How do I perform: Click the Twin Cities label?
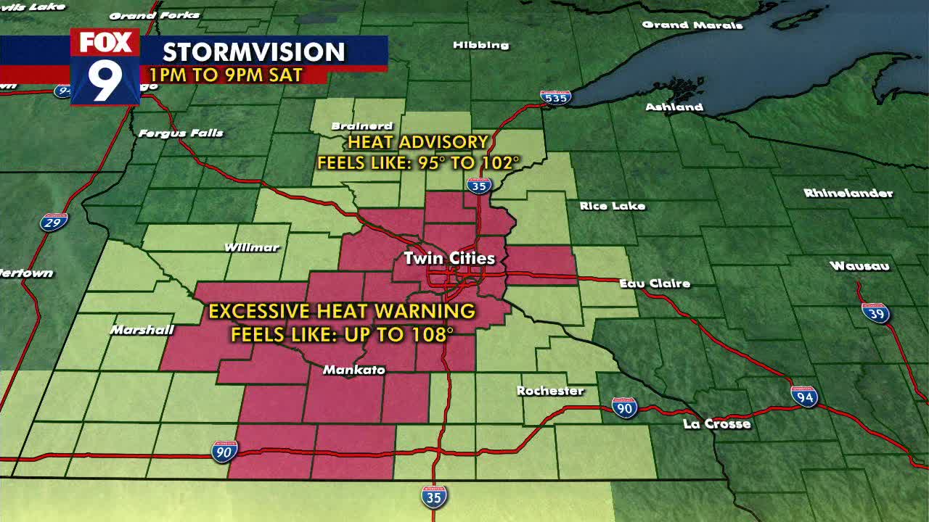pos(449,258)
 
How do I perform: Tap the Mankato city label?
pos(353,370)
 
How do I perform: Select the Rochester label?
pos(550,391)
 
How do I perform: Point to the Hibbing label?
pos(480,45)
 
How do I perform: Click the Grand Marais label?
pos(692,25)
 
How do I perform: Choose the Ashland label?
pos(674,107)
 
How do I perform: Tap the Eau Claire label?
pos(655,283)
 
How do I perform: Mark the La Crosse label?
pos(716,423)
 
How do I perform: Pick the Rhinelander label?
pos(848,193)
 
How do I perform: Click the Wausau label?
pos(859,266)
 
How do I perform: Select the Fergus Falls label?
pos(181,133)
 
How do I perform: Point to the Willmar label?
pos(252,247)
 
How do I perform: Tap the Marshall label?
pos(142,330)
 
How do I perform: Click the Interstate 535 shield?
pos(555,97)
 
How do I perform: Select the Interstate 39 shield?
pos(876,313)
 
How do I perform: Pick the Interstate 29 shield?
pos(54,222)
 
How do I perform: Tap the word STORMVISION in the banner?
pos(253,52)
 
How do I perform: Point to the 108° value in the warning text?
pos(435,334)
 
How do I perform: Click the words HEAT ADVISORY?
pos(418,142)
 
